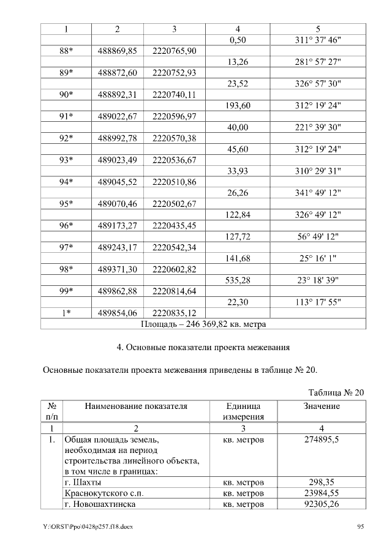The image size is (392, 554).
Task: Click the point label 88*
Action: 66,51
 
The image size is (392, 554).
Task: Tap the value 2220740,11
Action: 174,95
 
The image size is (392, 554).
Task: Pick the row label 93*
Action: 66,160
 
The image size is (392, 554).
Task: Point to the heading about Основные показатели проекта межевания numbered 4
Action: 203,348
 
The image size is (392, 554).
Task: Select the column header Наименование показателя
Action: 136,406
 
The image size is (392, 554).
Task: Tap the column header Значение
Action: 322,406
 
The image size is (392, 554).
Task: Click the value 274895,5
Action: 322,440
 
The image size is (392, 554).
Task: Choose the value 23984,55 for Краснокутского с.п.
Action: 322,493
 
